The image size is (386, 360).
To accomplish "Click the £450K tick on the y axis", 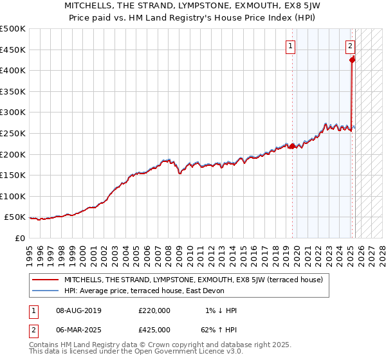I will pos(13,50).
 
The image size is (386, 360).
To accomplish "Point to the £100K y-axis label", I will pos(13,196).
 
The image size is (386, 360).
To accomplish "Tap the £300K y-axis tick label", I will pos(13,113).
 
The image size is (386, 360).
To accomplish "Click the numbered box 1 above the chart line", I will pos(291,46).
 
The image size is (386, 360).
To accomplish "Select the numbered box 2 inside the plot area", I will pos(350,46).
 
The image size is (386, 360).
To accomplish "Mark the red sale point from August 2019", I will pos(292,146).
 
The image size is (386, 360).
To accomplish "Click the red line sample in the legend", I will pos(44,280).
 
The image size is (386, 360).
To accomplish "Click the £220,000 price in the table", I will pos(154,310).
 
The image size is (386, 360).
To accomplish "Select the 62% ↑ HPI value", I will pos(219,330).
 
